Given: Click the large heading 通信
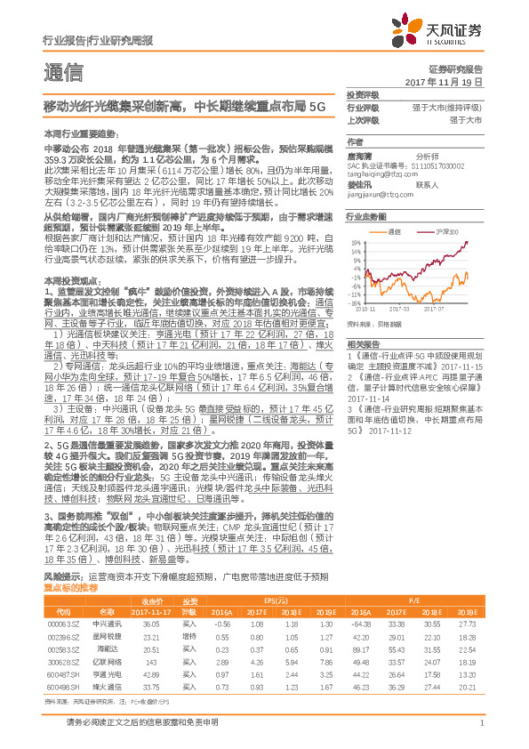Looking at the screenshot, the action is coord(62,70).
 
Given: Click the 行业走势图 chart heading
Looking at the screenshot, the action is coord(366,216).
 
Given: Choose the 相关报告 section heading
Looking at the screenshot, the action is coord(362,342).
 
